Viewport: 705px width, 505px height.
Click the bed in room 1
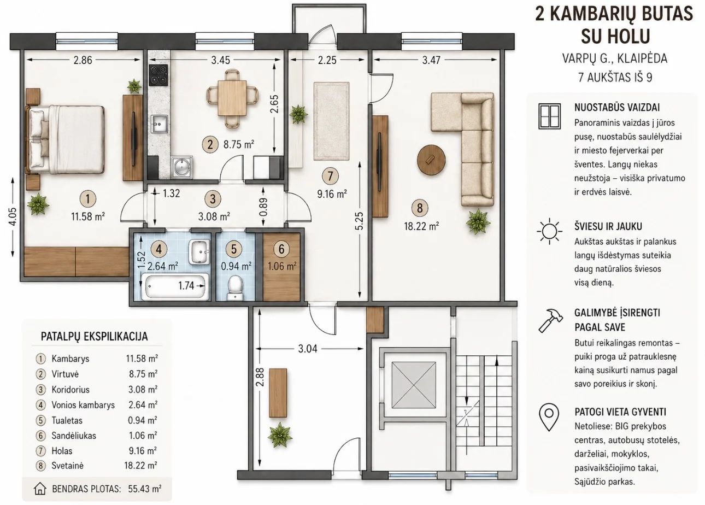coord(66,139)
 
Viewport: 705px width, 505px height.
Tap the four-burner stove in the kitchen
coord(158,75)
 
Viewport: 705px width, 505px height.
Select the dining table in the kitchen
coord(232,98)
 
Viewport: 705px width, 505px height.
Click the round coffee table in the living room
coord(431,160)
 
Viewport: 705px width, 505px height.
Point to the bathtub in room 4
coord(175,286)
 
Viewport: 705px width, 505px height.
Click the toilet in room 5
coord(235,287)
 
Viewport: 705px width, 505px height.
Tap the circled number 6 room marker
coord(281,249)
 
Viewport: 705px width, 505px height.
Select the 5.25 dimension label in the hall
coord(360,221)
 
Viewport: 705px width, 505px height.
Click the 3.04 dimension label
coord(308,349)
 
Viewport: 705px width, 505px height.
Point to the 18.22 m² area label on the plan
coord(421,226)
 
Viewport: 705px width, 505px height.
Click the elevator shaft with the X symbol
coord(414,384)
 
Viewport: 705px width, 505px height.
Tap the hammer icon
coord(550,320)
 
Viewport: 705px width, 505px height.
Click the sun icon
coord(549,231)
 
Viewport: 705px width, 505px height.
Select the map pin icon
coord(549,418)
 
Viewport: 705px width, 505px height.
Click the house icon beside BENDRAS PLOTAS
coord(40,489)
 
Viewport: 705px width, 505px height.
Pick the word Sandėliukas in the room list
coord(74,436)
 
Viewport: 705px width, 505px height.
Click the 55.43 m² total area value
coord(145,489)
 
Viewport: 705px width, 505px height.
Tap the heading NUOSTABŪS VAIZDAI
coord(617,107)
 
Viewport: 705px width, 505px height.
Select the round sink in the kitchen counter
coord(181,167)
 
